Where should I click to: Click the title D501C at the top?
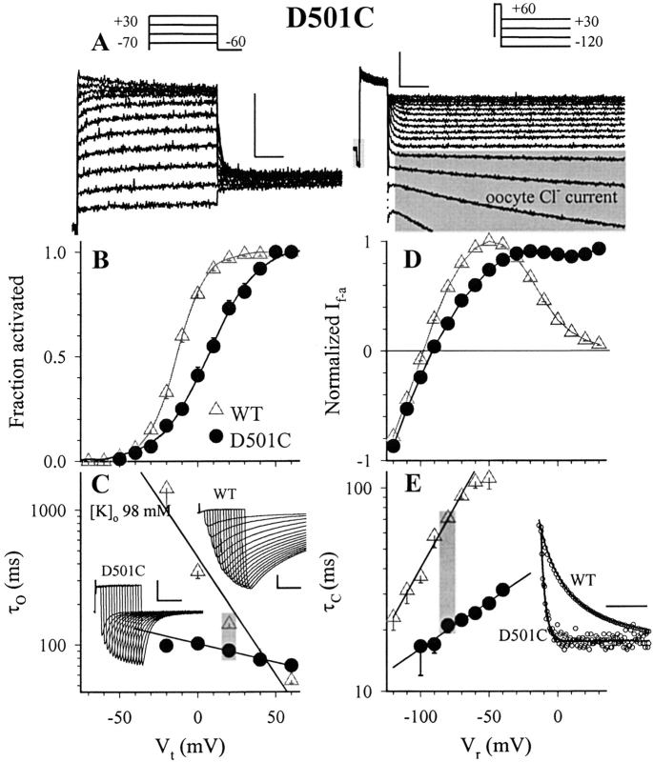coord(327,21)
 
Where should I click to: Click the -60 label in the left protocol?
coord(231,43)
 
